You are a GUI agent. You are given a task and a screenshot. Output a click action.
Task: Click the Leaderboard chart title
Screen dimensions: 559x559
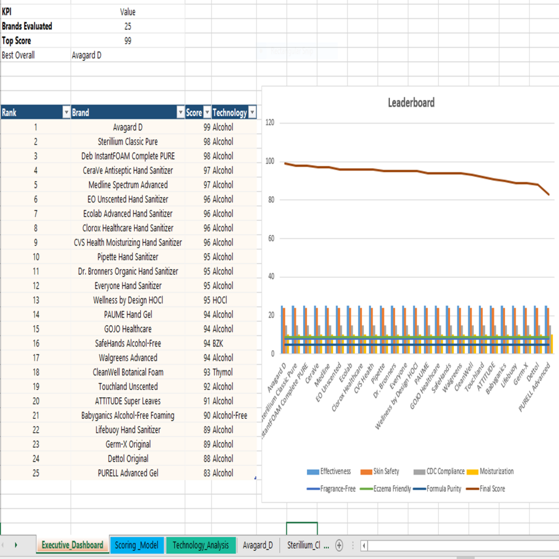point(411,103)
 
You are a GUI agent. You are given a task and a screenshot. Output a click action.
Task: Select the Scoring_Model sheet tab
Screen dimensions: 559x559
point(136,545)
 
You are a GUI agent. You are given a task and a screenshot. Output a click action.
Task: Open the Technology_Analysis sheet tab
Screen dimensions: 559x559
point(201,545)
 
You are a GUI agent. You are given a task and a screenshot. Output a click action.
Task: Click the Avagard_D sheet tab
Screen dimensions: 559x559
point(258,545)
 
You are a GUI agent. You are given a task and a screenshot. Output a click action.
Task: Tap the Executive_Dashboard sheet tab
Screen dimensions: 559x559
point(72,545)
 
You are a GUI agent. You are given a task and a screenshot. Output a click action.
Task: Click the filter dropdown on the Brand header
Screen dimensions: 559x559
point(181,113)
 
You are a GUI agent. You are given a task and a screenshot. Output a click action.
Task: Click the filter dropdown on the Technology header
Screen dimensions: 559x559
point(253,113)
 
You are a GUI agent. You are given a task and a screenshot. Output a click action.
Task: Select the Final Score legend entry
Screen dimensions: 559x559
point(486,489)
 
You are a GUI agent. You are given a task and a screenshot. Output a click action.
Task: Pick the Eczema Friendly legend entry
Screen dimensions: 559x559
point(385,489)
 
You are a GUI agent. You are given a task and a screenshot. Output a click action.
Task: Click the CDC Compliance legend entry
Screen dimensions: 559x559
point(439,471)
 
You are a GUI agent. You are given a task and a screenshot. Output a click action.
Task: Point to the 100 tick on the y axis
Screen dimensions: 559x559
point(270,161)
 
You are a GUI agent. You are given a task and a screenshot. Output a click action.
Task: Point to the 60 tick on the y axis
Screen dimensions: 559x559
point(271,238)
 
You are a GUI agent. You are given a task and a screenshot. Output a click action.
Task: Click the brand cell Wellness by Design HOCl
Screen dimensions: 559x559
point(128,300)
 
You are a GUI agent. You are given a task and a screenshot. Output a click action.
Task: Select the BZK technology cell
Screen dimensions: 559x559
point(218,343)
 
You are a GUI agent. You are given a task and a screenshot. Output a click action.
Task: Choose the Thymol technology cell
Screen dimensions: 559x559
point(222,372)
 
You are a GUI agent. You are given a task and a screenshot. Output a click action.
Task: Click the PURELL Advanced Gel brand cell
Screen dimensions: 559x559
point(128,473)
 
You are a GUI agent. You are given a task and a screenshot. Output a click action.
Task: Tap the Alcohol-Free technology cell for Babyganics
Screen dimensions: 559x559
point(230,415)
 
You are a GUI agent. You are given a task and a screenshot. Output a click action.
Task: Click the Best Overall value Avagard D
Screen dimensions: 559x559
point(87,55)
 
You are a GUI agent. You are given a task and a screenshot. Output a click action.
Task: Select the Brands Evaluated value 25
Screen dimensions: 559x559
point(127,26)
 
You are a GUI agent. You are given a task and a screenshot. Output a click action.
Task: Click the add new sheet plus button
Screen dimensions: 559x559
point(339,545)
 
